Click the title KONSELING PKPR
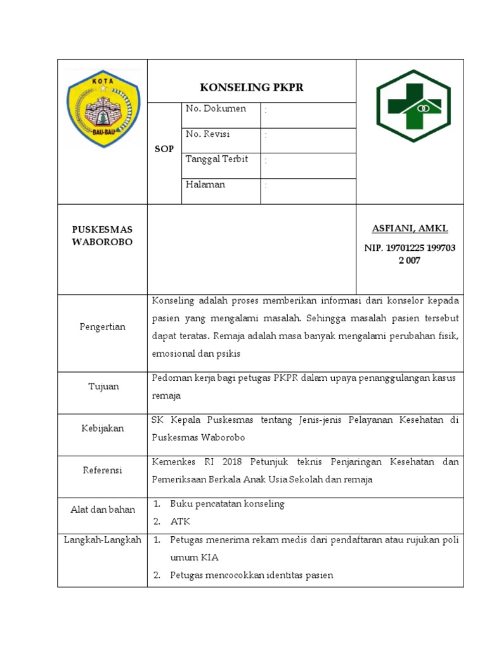252,87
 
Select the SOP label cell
164,149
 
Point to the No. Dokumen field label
216,109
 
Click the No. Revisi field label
208,134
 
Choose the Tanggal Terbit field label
217,159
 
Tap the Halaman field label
205,184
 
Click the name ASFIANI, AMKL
410,228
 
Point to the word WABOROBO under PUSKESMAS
102,242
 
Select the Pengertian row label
102,326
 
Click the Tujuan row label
102,386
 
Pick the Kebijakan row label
102,428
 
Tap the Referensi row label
102,470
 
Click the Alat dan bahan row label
102,510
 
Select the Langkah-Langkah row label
102,539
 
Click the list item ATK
180,522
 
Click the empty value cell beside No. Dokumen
308,115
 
